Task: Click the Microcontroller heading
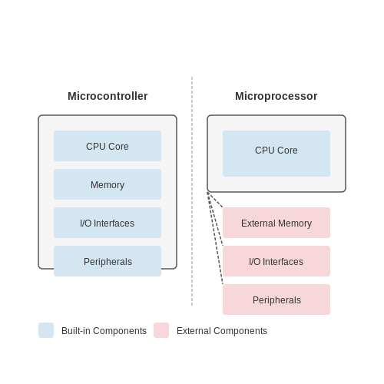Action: (x=108, y=96)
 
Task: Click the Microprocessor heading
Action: (x=276, y=96)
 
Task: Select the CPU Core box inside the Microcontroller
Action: (x=108, y=146)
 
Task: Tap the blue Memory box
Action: (x=108, y=184)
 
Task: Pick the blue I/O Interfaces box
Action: (x=108, y=223)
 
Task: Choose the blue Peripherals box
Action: (x=108, y=261)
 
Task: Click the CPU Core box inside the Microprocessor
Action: (x=276, y=154)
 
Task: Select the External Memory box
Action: (x=276, y=223)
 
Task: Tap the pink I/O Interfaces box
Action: (x=276, y=261)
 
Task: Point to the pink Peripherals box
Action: (x=276, y=300)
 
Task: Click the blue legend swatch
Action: (x=46, y=330)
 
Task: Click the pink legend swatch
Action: (x=161, y=330)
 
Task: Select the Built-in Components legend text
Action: (x=104, y=331)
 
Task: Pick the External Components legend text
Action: (x=222, y=331)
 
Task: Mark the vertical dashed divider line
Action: (x=192, y=191)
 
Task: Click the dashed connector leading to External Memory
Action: (x=215, y=200)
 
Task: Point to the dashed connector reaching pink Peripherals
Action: (x=215, y=238)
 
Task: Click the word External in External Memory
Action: (x=258, y=223)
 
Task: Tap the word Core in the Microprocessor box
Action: (x=288, y=151)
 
